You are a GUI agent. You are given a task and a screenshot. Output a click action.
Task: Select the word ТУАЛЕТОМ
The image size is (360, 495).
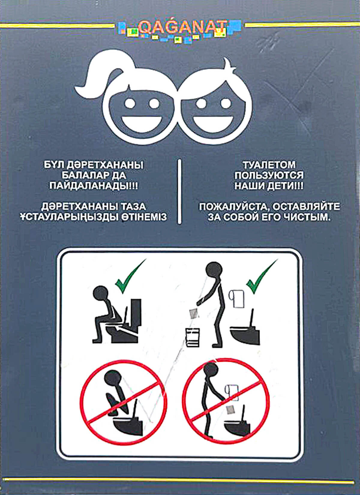point(269,165)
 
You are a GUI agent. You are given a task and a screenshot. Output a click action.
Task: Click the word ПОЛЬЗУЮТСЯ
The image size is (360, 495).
point(269,176)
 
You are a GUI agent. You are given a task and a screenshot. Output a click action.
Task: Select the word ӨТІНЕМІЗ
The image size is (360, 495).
point(144,218)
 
